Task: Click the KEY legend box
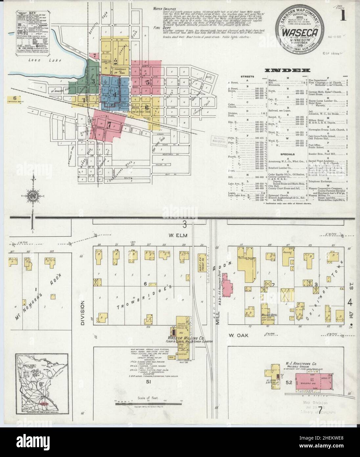(25, 32)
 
